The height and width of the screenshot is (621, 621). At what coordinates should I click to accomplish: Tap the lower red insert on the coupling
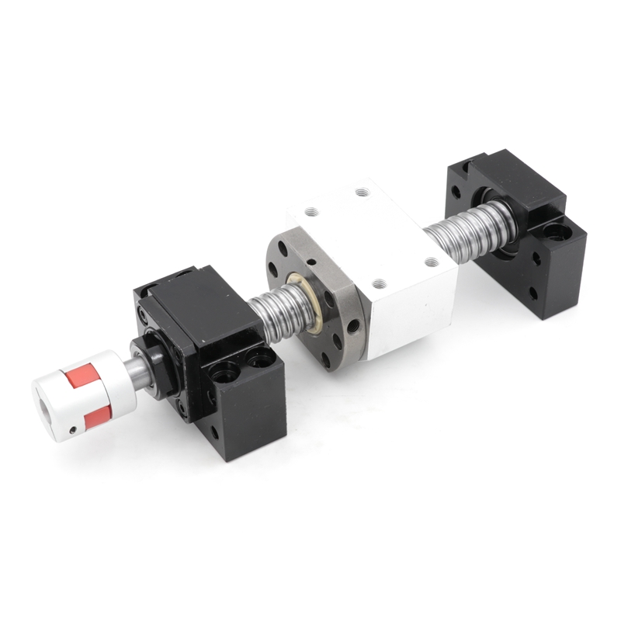(93, 418)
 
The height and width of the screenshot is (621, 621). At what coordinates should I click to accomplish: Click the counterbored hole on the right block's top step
(555, 231)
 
